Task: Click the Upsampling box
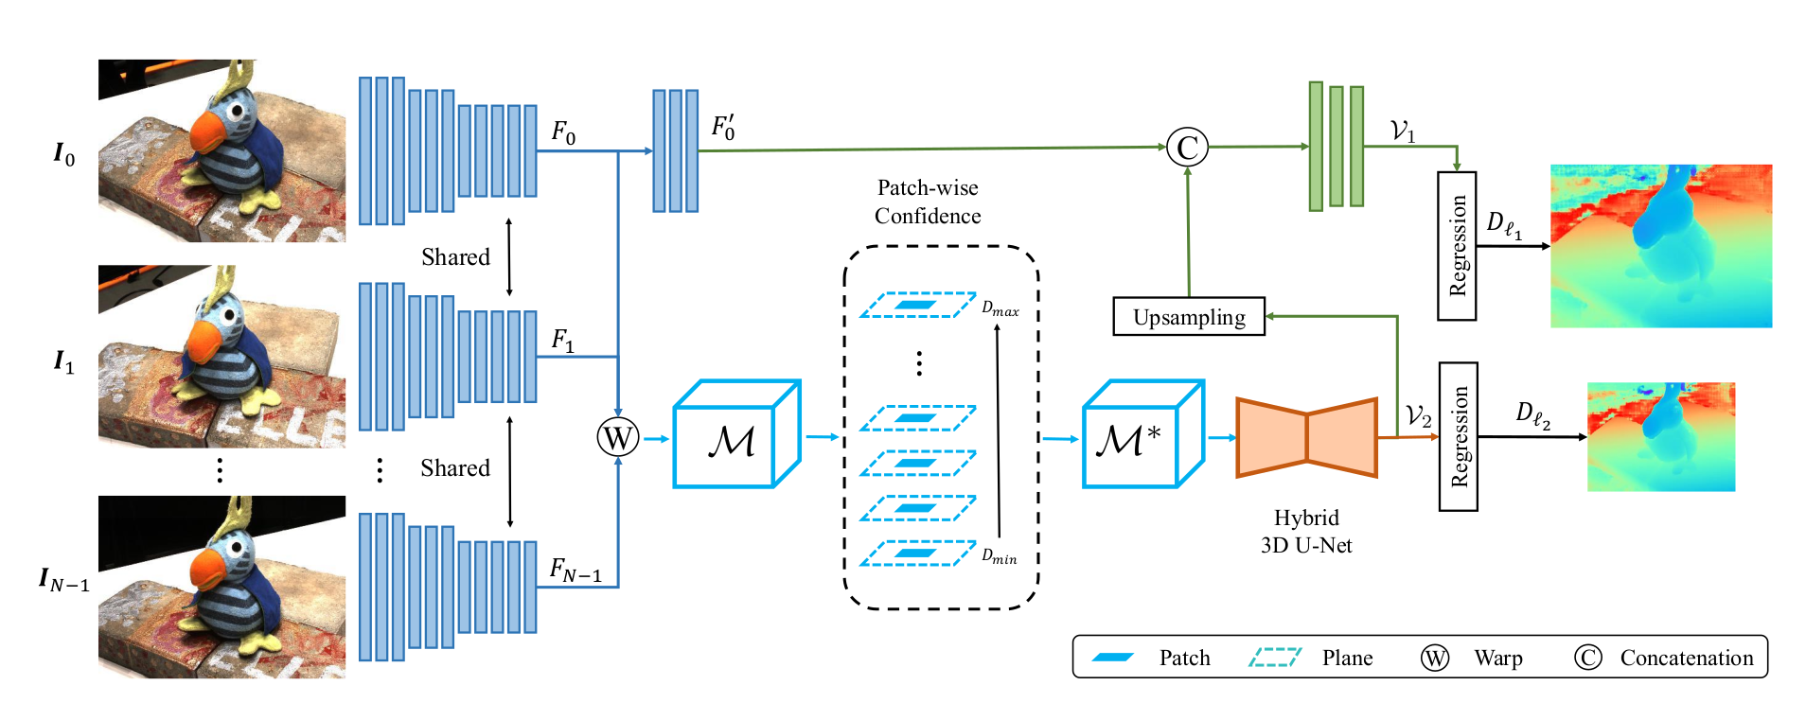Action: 1189,317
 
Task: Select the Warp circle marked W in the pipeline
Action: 617,437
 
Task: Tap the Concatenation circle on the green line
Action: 1187,148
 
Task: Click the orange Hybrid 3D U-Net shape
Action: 1306,438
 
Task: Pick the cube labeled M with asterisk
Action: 1142,435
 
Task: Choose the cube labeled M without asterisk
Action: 736,435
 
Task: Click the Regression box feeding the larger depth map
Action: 1457,246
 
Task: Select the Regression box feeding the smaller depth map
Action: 1459,437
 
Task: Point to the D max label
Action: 1000,308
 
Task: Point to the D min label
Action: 1000,556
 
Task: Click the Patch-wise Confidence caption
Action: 928,202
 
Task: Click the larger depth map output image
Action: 1660,246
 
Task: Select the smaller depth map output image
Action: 1660,436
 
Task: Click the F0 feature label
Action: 563,132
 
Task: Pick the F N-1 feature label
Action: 575,570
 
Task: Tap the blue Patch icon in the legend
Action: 1113,658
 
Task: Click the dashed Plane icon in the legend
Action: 1275,658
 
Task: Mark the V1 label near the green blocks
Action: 1403,132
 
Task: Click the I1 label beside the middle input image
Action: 63,361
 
